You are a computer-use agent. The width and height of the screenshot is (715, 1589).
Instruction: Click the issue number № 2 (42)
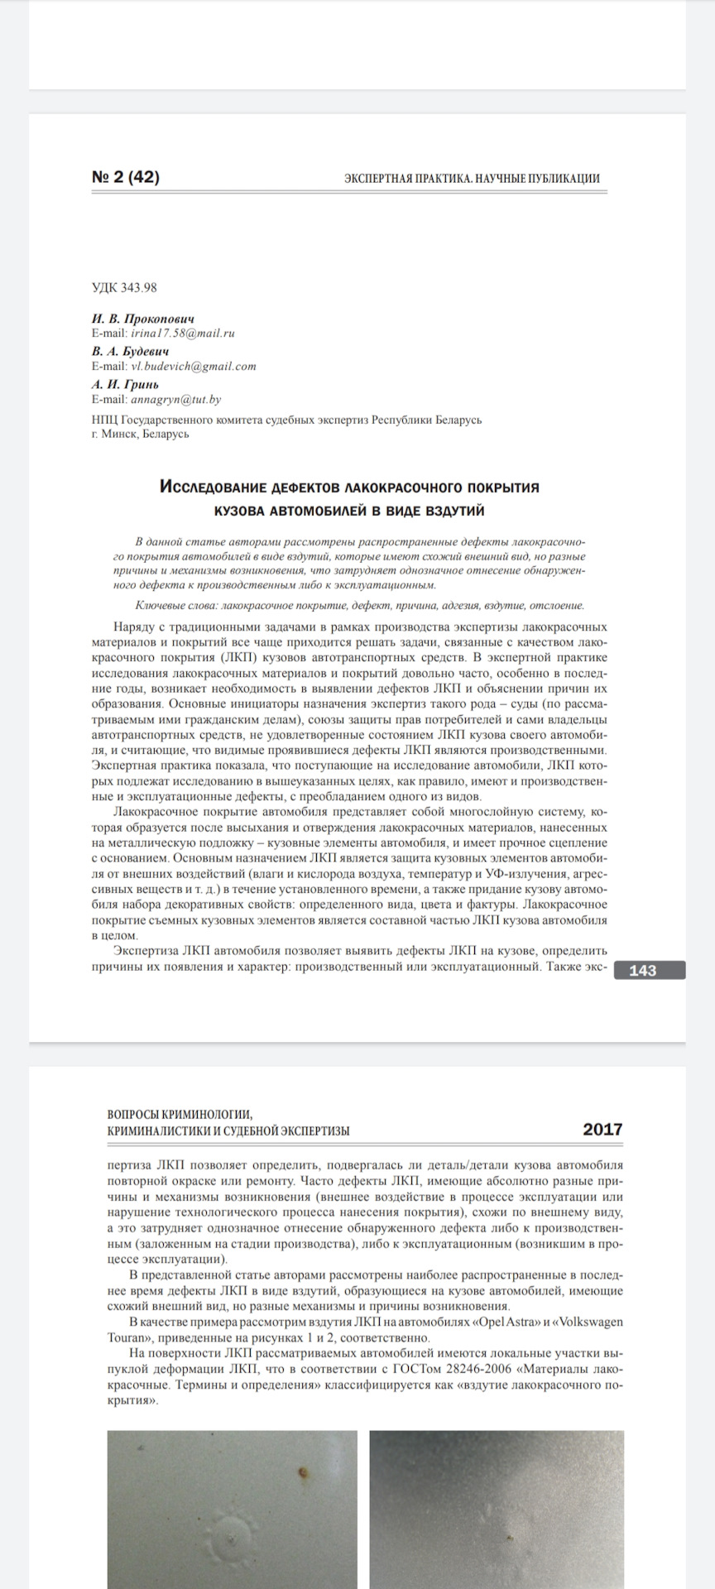tap(125, 177)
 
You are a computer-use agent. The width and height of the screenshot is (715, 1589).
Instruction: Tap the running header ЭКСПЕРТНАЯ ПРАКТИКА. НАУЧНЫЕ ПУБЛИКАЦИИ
tap(472, 178)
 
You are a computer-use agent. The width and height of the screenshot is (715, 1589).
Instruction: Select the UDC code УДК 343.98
tap(123, 288)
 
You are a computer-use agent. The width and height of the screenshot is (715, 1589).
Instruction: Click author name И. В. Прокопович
tap(143, 319)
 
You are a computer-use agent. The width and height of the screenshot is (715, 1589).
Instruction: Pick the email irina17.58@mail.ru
tap(182, 333)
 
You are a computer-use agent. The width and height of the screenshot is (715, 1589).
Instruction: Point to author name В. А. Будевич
tap(131, 351)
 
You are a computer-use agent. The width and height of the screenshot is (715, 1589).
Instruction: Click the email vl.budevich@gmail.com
tap(192, 366)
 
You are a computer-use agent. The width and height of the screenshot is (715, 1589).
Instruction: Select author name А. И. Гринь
tap(126, 384)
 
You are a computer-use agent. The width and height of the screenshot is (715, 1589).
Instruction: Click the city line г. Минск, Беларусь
tap(141, 433)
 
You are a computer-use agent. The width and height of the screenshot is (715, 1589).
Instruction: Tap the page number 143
tap(642, 971)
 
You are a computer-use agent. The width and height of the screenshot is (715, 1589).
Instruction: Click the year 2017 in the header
tap(602, 1130)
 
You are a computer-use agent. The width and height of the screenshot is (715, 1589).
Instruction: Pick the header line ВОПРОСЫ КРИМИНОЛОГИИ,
tap(180, 1114)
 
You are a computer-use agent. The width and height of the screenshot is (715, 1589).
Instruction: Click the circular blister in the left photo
tap(229, 1536)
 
